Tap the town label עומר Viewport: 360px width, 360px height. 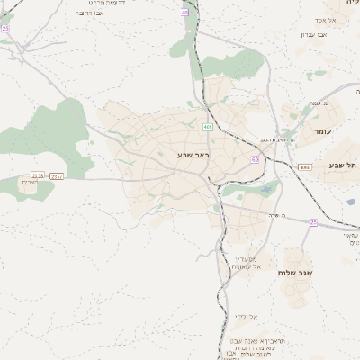point(324,131)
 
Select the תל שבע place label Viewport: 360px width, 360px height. point(344,165)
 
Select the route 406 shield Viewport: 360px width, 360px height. point(208,128)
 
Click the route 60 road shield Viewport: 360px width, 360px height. point(256,160)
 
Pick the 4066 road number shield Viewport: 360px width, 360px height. point(305,167)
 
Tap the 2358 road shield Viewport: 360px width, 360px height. point(37,175)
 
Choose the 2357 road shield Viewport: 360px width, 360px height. point(57,176)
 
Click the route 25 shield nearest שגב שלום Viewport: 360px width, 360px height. point(313,222)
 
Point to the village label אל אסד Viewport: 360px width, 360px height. point(326,19)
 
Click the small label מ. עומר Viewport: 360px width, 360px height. point(319,103)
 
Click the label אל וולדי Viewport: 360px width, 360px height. point(245,317)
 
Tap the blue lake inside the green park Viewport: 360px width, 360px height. point(267,190)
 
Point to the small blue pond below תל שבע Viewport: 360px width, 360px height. point(350,202)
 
